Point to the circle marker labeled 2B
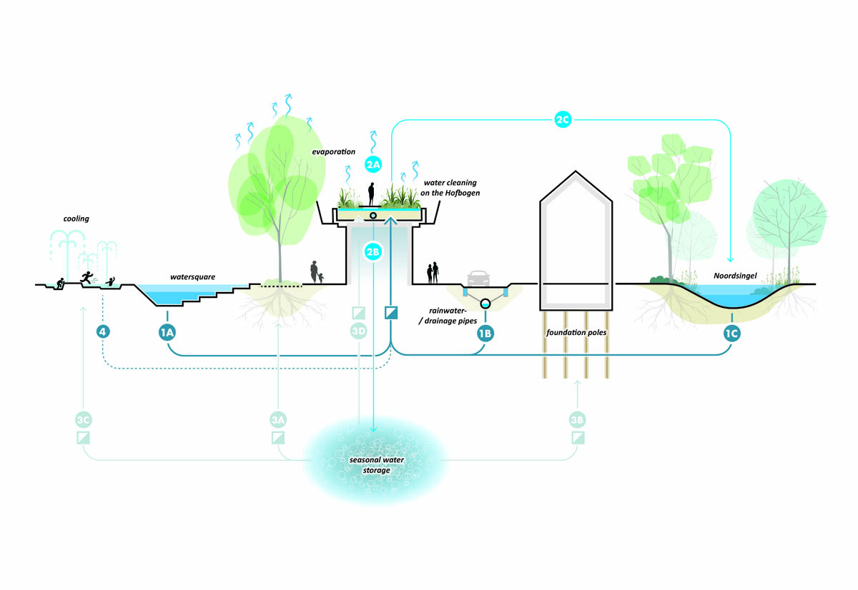pyautogui.click(x=373, y=251)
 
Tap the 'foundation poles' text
pyautogui.click(x=571, y=332)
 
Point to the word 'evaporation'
pyautogui.click(x=333, y=152)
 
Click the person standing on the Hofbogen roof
pyautogui.click(x=372, y=193)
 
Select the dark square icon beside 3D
pyautogui.click(x=390, y=312)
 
